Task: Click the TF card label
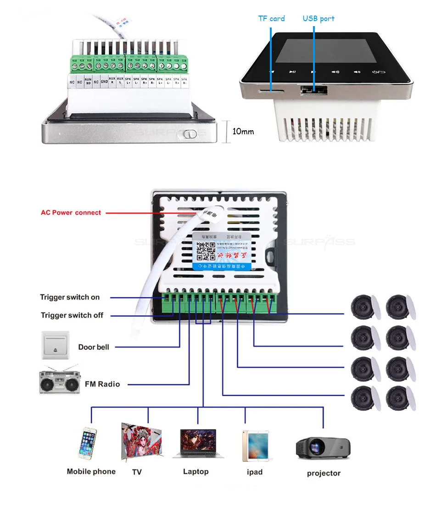pos(271,19)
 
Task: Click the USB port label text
pos(319,19)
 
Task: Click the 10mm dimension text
pos(243,132)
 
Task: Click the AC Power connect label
pos(71,213)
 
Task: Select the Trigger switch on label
pos(70,297)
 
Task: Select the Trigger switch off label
pos(72,315)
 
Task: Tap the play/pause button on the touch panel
pos(292,72)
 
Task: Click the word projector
pos(324,473)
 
